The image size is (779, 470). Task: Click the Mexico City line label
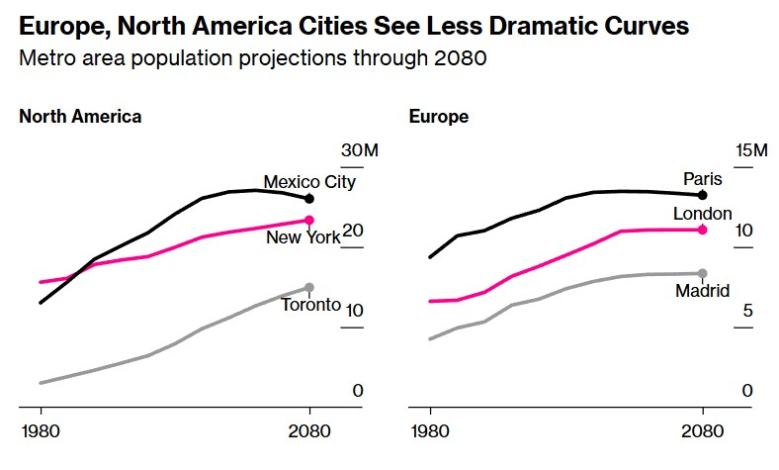[308, 182]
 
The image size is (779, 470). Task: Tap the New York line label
[303, 237]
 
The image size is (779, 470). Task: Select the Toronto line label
[310, 305]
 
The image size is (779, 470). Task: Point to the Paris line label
[703, 179]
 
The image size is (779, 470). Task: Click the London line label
[702, 214]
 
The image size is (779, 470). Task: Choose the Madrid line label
[702, 291]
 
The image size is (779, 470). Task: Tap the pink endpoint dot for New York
[309, 221]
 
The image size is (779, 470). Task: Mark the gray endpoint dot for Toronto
[309, 288]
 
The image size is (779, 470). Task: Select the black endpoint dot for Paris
[703, 195]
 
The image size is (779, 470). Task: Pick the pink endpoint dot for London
[703, 230]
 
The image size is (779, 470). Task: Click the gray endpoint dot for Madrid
[703, 274]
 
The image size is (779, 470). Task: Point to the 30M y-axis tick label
[360, 150]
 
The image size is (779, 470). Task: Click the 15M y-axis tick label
[750, 150]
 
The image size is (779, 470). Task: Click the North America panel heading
[80, 117]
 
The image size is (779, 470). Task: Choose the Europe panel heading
[439, 117]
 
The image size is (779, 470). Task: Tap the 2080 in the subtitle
[460, 59]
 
